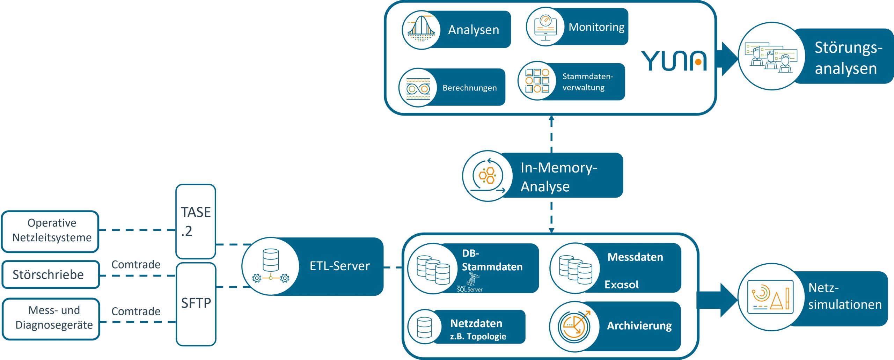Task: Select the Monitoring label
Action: click(x=596, y=27)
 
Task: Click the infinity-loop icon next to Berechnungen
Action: click(x=418, y=88)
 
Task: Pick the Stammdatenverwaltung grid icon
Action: click(x=537, y=81)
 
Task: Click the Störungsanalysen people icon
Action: click(x=771, y=56)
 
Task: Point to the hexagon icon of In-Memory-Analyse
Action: click(x=488, y=176)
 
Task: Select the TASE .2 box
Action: click(x=196, y=221)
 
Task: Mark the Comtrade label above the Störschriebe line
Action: click(x=136, y=264)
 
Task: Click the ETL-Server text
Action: click(x=339, y=266)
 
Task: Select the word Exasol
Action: click(x=621, y=285)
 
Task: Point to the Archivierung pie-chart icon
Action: click(x=573, y=326)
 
